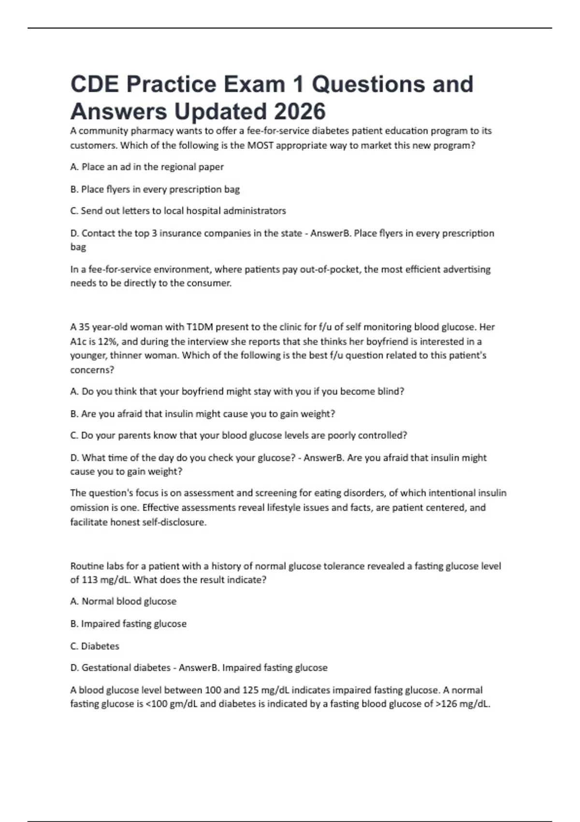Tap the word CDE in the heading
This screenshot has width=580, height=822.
pos(95,84)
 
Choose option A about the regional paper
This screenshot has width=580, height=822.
pos(147,167)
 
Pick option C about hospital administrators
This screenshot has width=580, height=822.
pos(178,211)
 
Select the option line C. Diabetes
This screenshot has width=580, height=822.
pos(95,646)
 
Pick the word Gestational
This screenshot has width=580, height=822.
pos(105,668)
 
